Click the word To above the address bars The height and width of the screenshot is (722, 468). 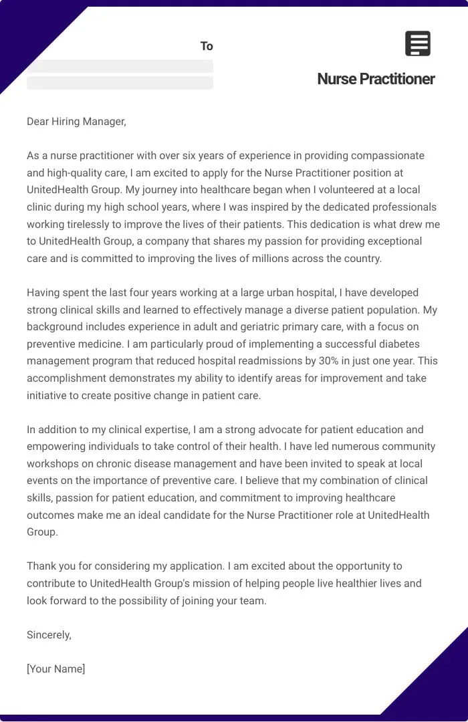pos(207,46)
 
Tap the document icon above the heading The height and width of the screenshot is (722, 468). pos(418,43)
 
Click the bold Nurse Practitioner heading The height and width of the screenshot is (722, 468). pos(376,79)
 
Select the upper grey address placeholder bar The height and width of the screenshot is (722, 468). pos(120,66)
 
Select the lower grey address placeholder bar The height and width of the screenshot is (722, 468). pos(120,83)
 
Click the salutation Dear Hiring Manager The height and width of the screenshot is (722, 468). pos(76,121)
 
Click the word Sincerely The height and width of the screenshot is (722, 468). pos(49,634)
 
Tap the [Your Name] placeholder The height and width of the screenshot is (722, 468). pos(56,669)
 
